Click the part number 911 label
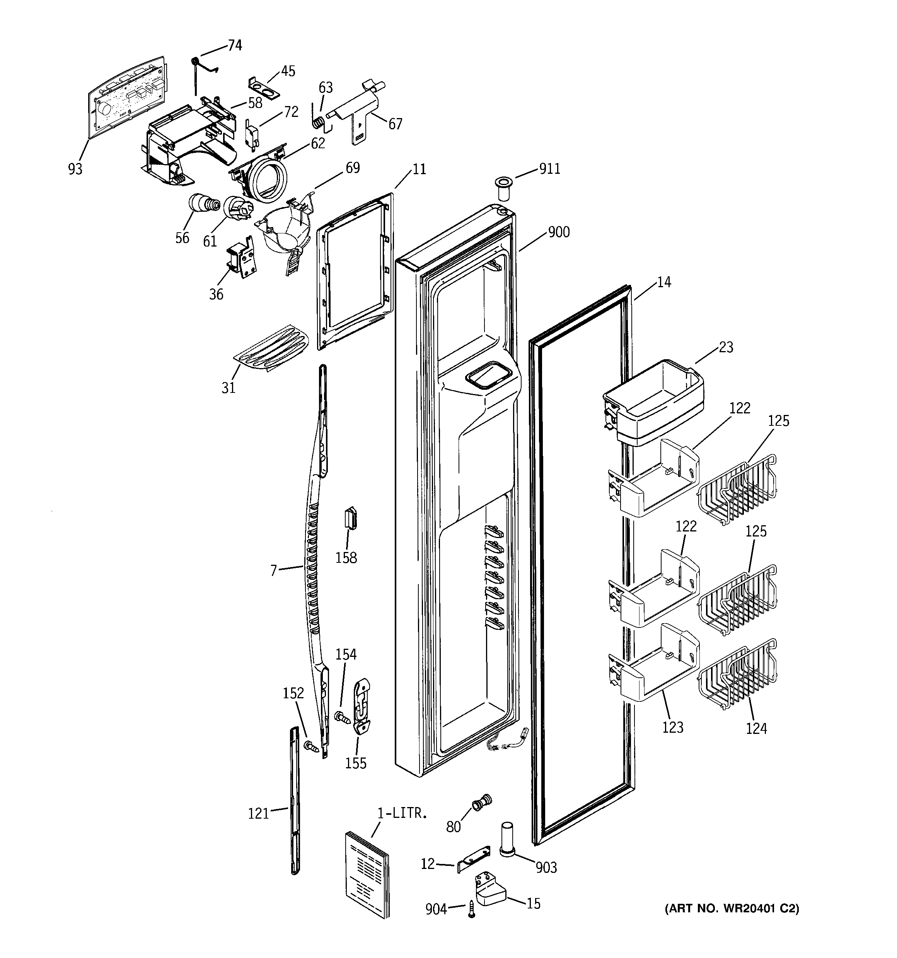[549, 169]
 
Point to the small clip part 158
[350, 518]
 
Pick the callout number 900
[559, 232]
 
